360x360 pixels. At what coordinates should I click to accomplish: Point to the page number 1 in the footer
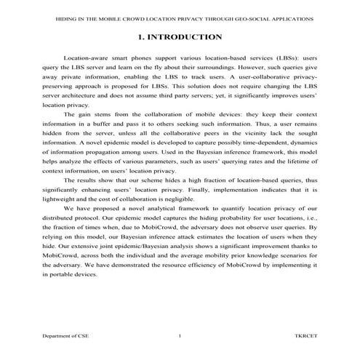coord(180,335)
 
